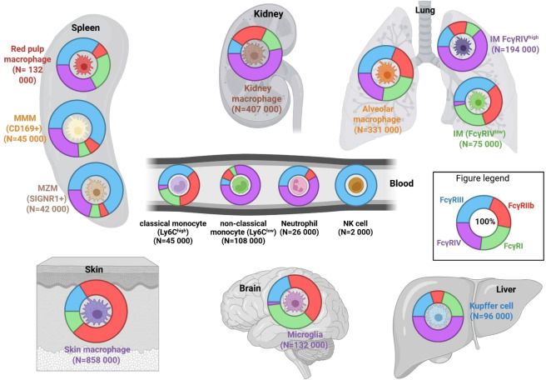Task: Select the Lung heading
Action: click(425, 9)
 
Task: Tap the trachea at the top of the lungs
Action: click(425, 29)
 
